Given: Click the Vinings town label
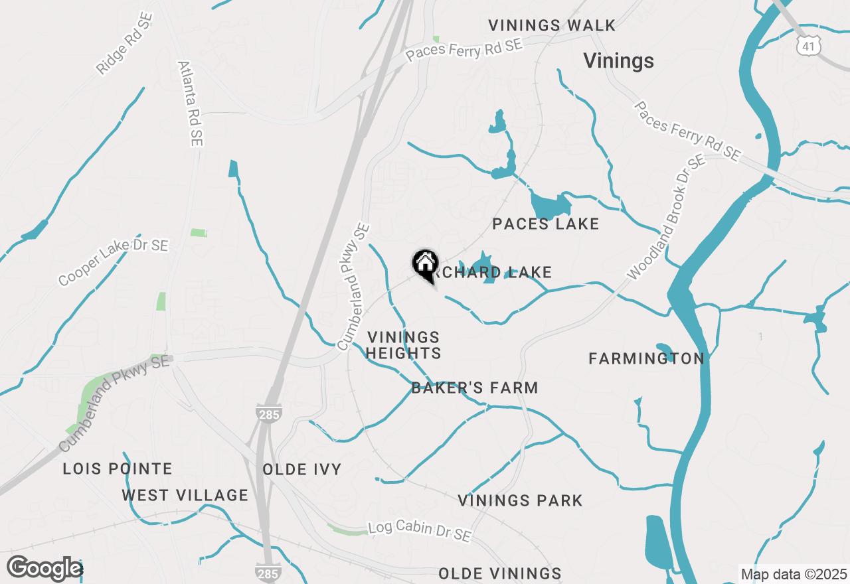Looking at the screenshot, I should tap(618, 61).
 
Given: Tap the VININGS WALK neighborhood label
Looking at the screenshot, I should tap(552, 26).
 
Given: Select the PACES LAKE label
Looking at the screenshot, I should tap(546, 224).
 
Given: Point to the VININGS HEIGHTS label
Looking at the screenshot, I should tap(403, 346).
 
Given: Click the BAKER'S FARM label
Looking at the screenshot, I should tap(475, 388).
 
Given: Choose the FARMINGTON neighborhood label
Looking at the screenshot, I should tap(646, 359).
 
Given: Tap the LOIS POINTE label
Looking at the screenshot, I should tap(118, 469).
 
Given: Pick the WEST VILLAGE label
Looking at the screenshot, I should tap(185, 495).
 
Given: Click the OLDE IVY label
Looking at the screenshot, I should tap(302, 470).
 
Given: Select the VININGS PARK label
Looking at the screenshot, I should tap(520, 500).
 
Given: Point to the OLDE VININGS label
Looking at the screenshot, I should tap(500, 573).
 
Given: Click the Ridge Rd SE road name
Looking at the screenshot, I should tap(124, 44).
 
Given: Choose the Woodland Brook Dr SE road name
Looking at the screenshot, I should tap(666, 217).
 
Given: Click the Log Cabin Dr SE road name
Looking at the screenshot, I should tap(420, 530).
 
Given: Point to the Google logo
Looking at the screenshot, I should tap(44, 569).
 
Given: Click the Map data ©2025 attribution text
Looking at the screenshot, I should tap(794, 574).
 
